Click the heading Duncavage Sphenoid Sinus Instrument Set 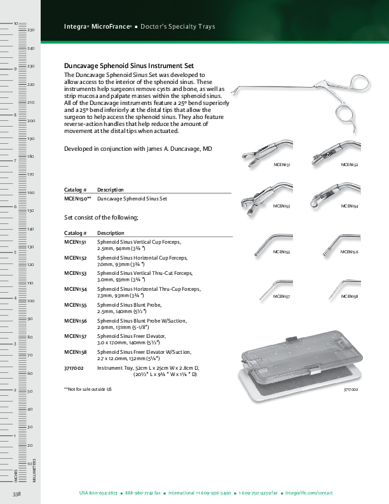point(129,66)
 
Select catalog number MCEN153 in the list point(75,273)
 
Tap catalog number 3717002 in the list point(74,368)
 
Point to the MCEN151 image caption point(282,164)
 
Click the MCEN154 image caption point(350,206)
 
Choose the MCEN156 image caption point(350,252)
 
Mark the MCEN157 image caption point(282,297)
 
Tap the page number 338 point(17,494)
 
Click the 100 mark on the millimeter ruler point(30,301)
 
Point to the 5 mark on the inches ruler point(15,253)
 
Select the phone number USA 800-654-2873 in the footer point(98,493)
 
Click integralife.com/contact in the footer point(310,493)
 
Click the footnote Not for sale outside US point(88,388)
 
